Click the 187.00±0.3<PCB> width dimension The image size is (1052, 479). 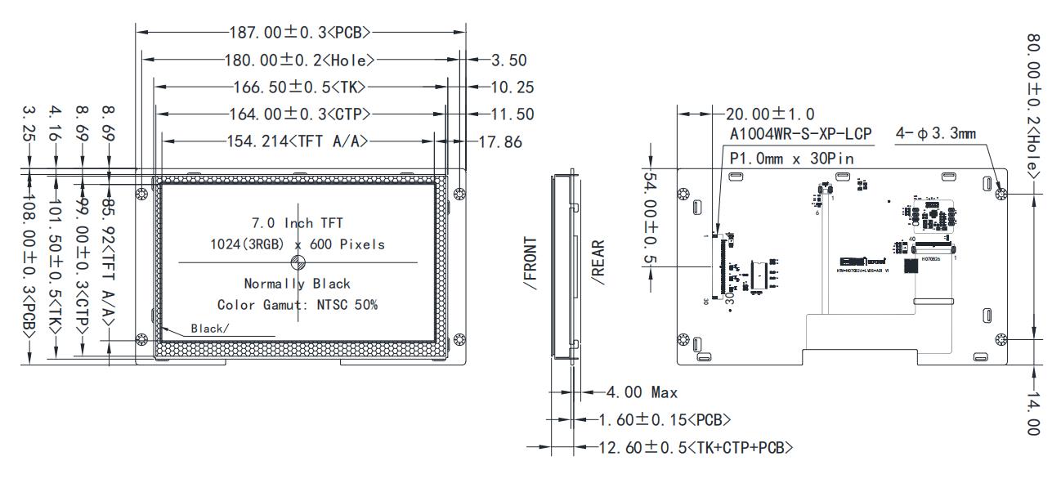click(x=301, y=33)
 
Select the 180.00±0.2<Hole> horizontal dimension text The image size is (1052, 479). click(x=299, y=60)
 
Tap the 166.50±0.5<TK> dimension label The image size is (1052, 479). click(x=298, y=87)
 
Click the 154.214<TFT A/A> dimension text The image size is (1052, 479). click(x=298, y=141)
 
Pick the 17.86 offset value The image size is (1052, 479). click(x=500, y=141)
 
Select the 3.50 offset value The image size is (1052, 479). click(x=508, y=60)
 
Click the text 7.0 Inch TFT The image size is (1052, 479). click(x=297, y=223)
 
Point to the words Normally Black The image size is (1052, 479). click(x=297, y=284)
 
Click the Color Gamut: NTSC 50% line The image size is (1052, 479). click(x=297, y=305)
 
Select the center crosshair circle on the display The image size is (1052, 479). click(x=298, y=262)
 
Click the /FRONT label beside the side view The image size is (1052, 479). click(x=532, y=264)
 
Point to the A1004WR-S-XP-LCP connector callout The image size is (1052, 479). click(x=800, y=135)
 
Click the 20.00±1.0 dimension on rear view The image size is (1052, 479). click(x=770, y=114)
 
